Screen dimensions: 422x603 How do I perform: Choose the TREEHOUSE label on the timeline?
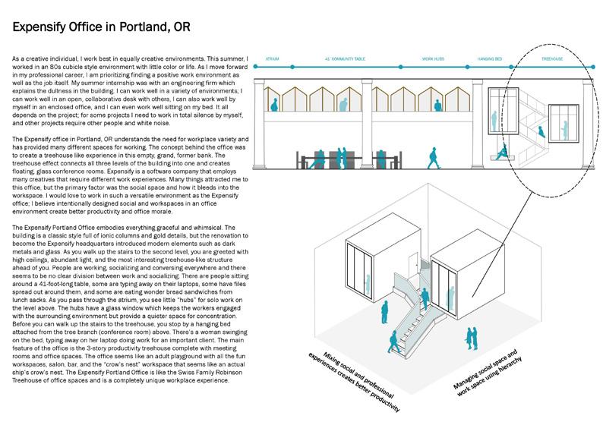(x=553, y=58)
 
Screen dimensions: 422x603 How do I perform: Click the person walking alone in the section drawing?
(x=433, y=157)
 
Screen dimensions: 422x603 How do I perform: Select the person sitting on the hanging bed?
(x=504, y=150)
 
